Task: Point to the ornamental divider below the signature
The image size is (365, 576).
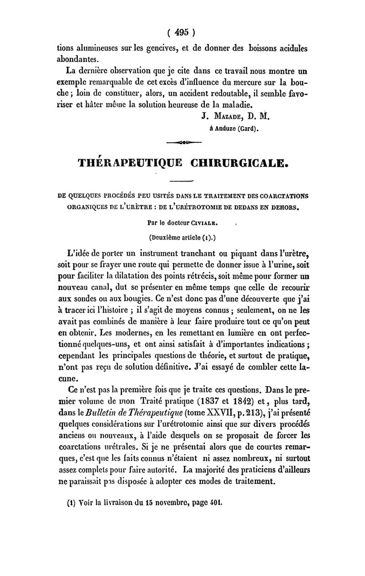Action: click(x=182, y=142)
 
